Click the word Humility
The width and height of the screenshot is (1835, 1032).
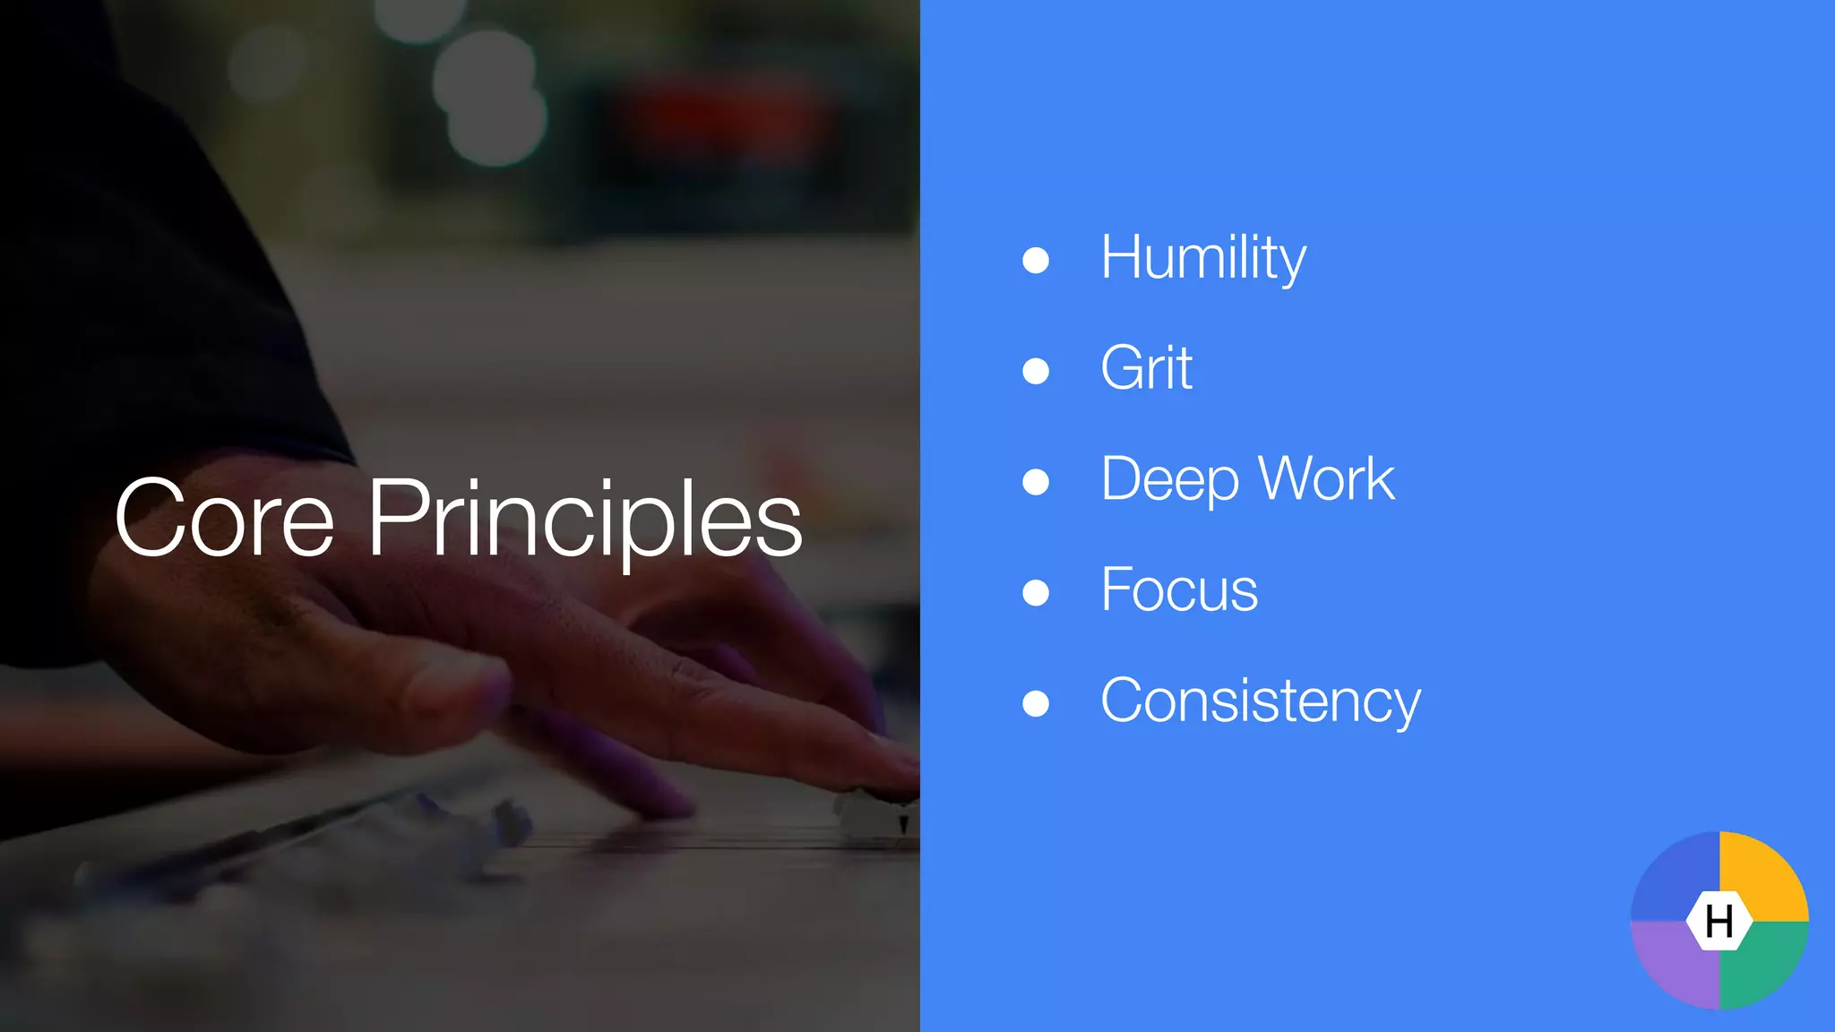point(1202,258)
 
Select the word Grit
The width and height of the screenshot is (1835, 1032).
point(1146,368)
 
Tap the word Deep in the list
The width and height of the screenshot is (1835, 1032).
point(1170,479)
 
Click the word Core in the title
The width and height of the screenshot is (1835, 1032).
point(224,520)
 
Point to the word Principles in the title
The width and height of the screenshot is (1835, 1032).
point(584,520)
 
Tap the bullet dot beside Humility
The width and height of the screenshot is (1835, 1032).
point(1036,261)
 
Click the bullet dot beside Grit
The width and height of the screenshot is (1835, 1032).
point(1036,371)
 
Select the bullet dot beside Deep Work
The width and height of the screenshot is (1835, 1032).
point(1036,482)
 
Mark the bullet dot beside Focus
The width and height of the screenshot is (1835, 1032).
point(1036,593)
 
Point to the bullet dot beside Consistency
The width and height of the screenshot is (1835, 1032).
point(1036,703)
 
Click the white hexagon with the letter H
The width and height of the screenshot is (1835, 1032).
point(1719,921)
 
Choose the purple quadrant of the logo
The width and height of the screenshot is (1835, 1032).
point(1674,966)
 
